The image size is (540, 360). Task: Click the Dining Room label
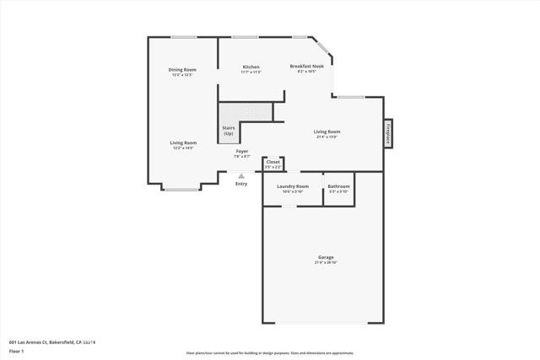182,69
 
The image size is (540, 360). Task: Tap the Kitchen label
251,67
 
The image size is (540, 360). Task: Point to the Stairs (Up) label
229,132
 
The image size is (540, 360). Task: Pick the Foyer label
241,151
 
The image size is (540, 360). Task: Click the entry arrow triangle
241,176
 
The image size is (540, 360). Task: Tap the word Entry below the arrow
241,184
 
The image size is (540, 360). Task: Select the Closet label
273,161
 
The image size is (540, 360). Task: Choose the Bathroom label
339,185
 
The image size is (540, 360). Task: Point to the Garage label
326,257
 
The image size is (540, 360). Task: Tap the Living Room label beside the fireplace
327,132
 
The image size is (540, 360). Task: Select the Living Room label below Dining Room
183,142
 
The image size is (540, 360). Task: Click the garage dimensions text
326,263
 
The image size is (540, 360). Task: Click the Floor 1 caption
18,351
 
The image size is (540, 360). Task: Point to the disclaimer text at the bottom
270,352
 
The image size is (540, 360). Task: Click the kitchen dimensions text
251,73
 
